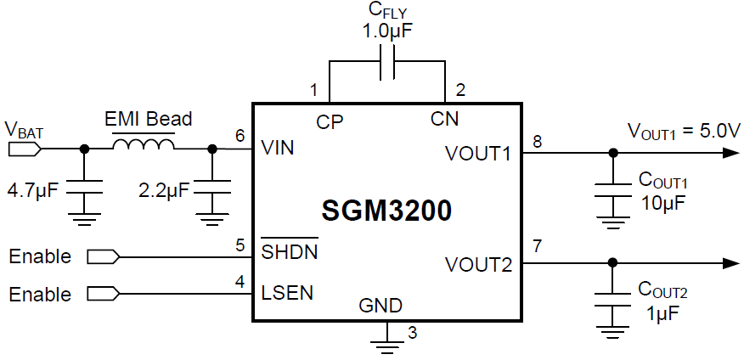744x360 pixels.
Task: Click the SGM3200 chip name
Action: click(x=386, y=210)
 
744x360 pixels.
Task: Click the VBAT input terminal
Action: click(x=23, y=149)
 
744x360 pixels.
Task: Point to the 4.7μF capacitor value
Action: click(x=31, y=188)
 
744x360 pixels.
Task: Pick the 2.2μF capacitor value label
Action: click(x=164, y=188)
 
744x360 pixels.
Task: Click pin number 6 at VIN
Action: click(x=240, y=136)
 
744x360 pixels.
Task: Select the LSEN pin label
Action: click(x=288, y=293)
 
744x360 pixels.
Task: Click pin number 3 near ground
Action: click(x=413, y=332)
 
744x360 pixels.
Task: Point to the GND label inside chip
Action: click(x=380, y=305)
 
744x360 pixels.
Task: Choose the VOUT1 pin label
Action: click(x=478, y=155)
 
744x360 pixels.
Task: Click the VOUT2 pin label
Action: click(x=478, y=265)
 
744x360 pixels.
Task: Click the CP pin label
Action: click(x=330, y=121)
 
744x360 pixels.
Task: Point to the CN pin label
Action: click(x=445, y=120)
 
